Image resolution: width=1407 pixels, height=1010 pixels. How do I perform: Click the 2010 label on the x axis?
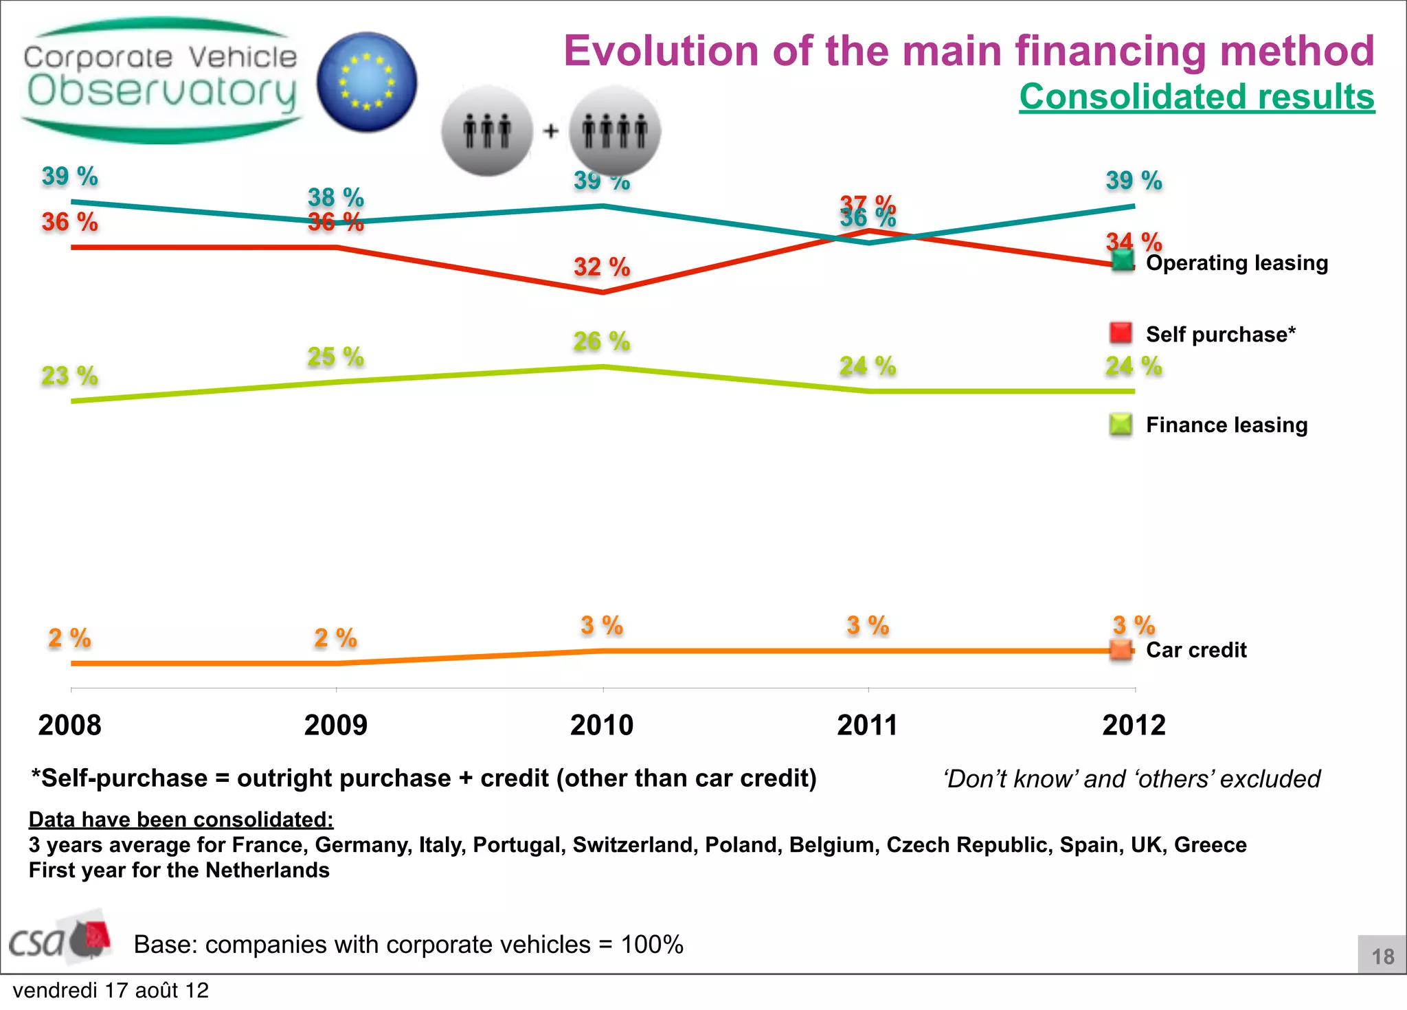point(602,726)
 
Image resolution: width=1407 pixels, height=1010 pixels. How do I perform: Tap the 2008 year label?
point(69,726)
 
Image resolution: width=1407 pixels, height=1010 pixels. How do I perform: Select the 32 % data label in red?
point(602,267)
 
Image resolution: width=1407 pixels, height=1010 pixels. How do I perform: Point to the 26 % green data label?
point(602,341)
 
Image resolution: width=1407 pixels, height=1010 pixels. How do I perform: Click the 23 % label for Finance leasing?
point(69,376)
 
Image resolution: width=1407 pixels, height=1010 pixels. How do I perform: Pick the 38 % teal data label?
point(335,197)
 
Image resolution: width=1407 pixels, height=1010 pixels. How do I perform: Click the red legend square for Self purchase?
point(1121,333)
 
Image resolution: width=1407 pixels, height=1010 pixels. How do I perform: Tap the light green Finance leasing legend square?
point(1121,425)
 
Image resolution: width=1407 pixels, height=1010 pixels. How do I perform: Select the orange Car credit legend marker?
point(1121,650)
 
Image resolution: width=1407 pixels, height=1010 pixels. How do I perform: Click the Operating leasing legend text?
point(1237,263)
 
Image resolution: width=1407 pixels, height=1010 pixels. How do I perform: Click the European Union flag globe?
point(367,82)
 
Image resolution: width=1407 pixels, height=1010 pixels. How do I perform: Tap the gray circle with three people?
point(487,131)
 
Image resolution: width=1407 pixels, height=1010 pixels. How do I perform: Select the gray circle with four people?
point(615,131)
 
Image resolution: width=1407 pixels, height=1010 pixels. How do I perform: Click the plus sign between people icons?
point(551,131)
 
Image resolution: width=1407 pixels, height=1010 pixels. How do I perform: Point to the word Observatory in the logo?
point(162,92)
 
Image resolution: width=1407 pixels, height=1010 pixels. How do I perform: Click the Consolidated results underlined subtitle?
point(1197,96)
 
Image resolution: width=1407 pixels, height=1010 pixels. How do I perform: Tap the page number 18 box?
point(1382,955)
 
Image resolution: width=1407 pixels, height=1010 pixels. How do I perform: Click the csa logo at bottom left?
point(58,939)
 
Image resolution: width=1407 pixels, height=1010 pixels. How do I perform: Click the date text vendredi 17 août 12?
point(111,991)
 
